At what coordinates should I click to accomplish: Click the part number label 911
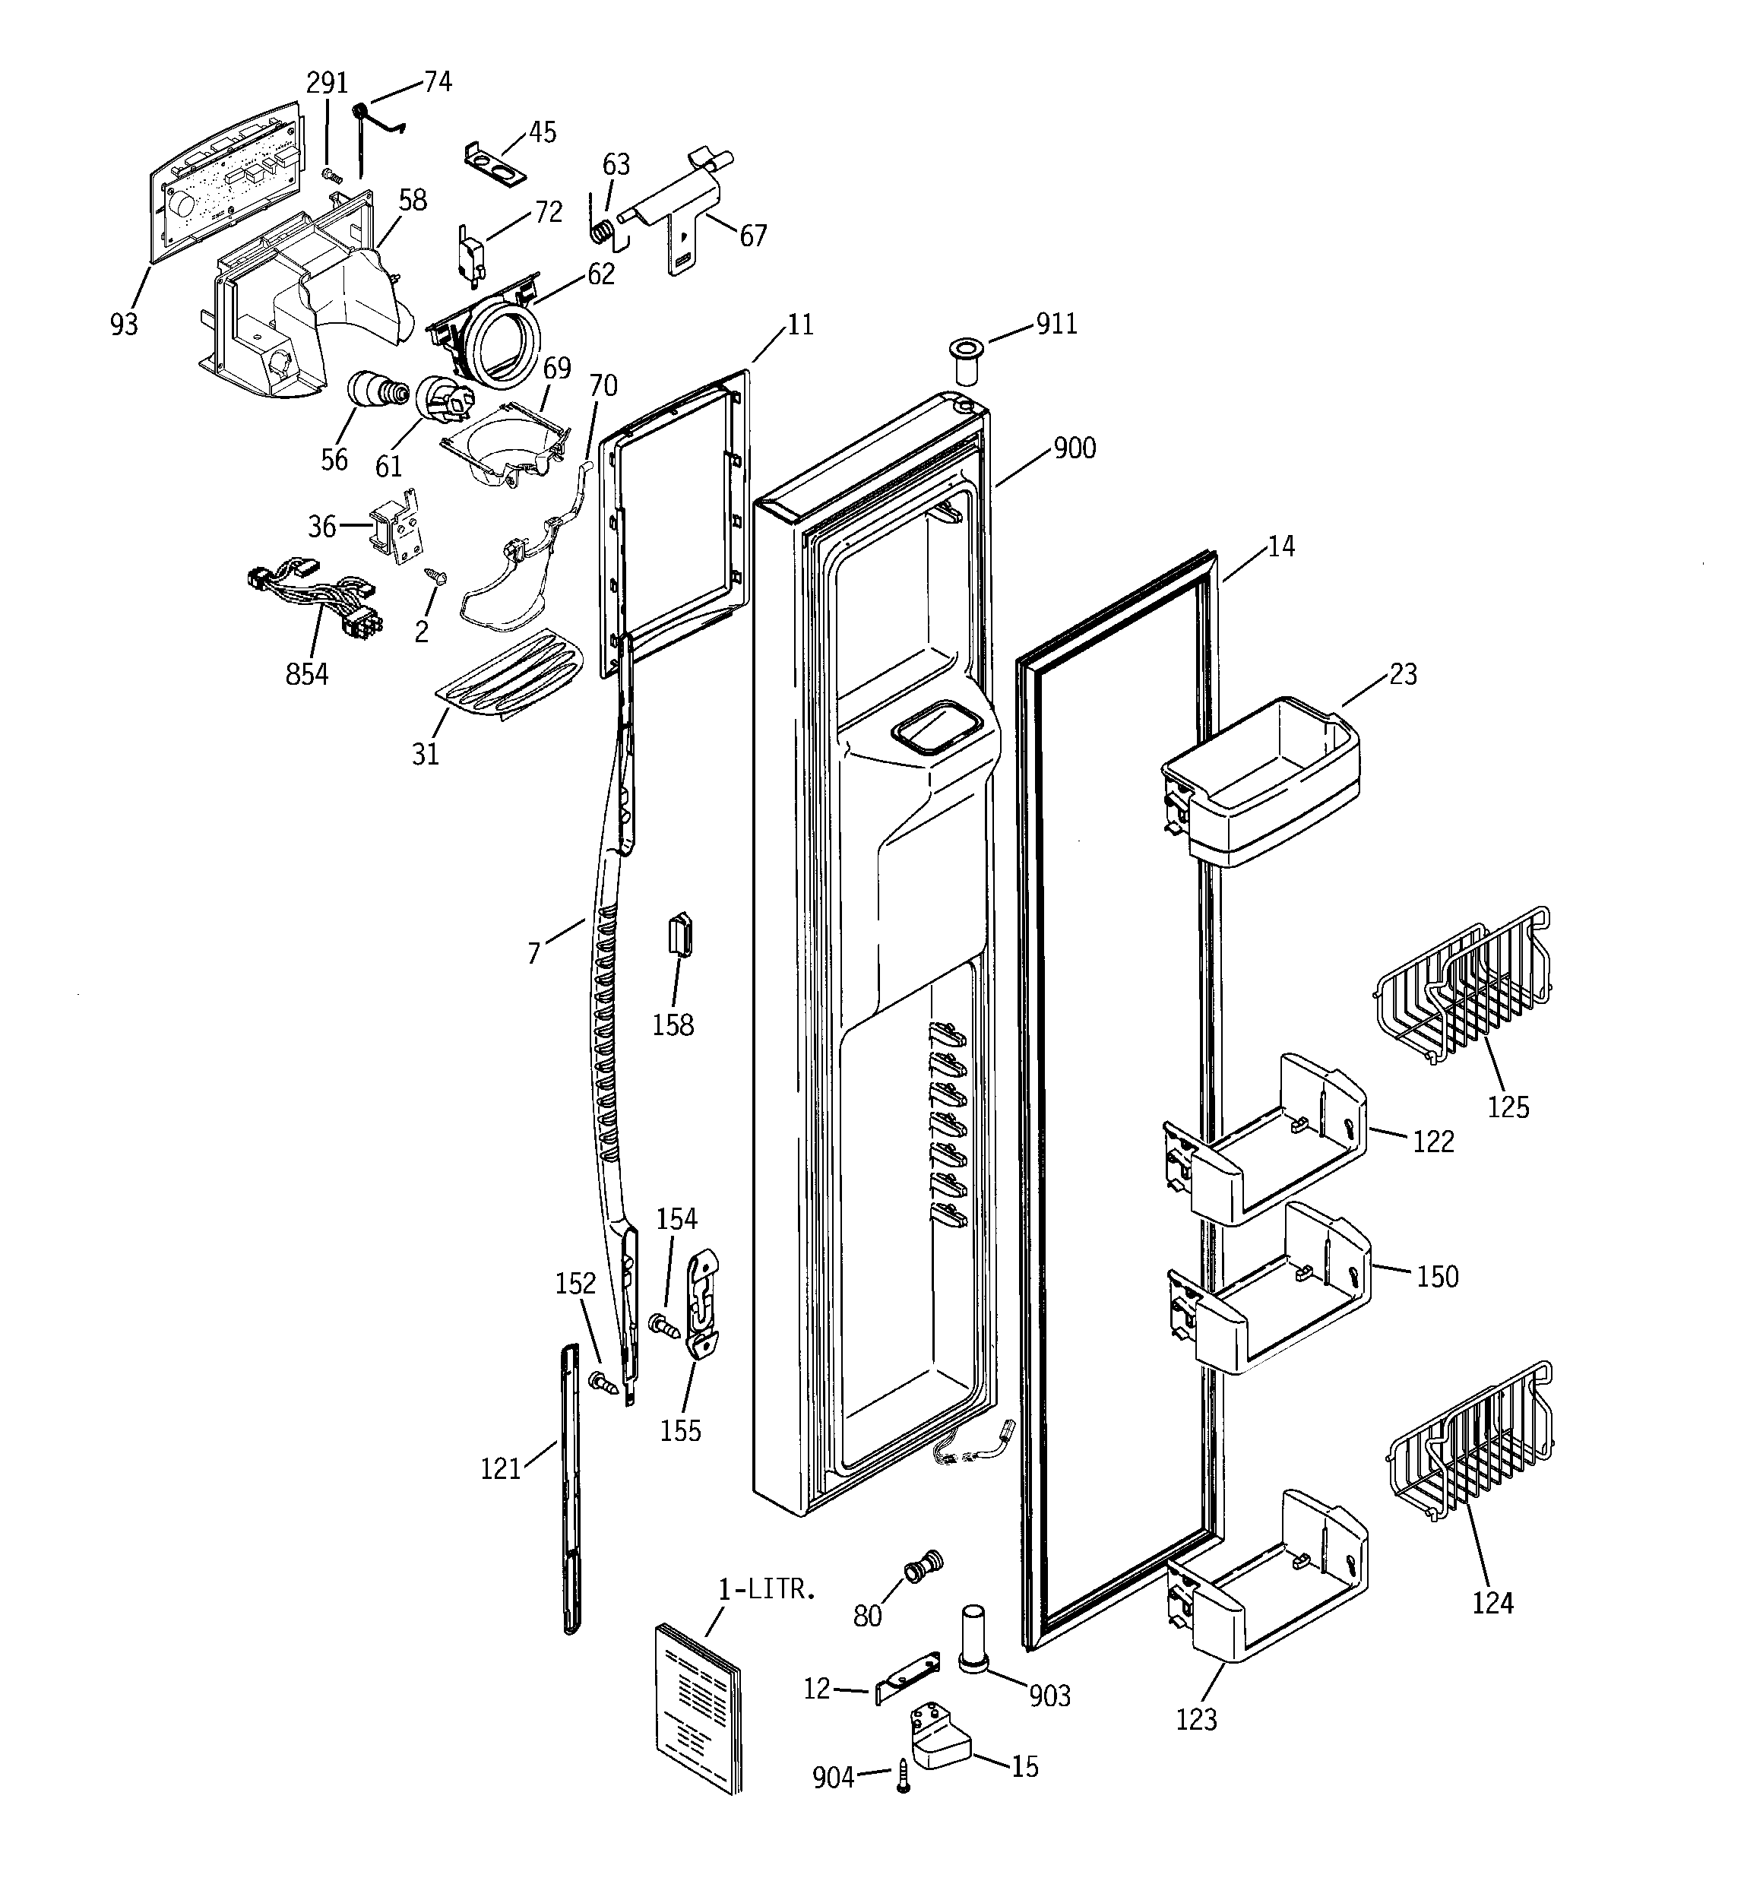(1056, 325)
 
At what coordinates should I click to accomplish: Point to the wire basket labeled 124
(1470, 1441)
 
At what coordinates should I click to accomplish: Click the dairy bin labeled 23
(1261, 783)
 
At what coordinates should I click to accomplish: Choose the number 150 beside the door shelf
(1436, 1278)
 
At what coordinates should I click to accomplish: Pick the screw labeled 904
(904, 1776)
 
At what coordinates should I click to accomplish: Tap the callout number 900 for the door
(1074, 448)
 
